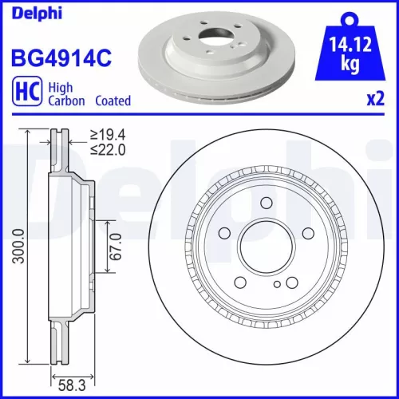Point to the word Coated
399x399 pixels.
(x=113, y=101)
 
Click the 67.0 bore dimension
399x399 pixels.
(x=116, y=248)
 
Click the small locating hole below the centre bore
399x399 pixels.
(x=276, y=284)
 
